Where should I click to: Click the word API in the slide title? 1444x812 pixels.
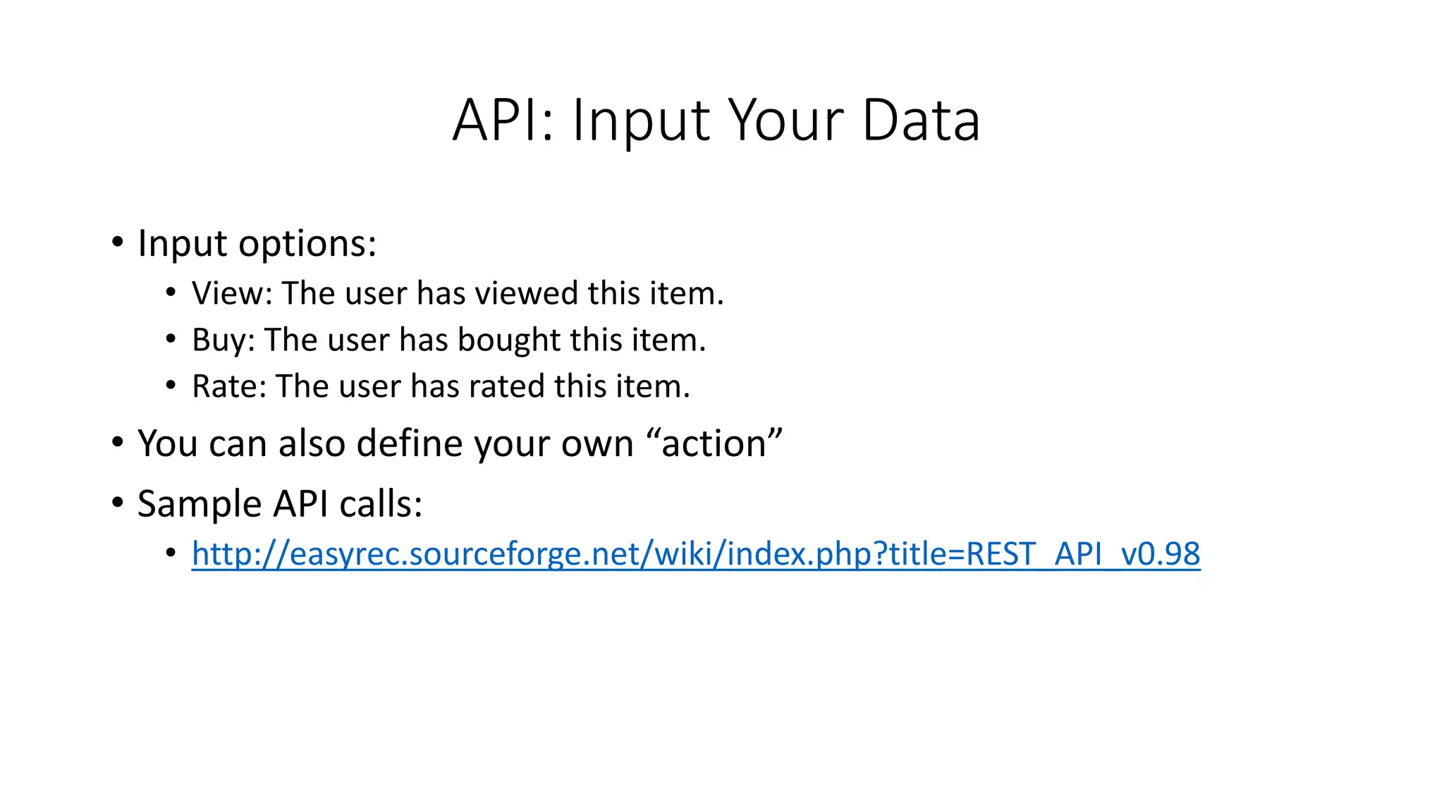click(x=503, y=121)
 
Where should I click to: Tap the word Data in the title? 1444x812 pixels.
click(x=920, y=121)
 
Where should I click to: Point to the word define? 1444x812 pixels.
click(x=410, y=443)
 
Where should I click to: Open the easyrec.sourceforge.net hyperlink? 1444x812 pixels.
click(x=695, y=554)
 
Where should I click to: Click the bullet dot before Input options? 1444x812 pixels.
click(x=118, y=243)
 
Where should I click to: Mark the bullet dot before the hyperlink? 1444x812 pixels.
click(x=171, y=553)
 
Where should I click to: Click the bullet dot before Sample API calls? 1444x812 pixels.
click(x=118, y=503)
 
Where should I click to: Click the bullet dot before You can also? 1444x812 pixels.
click(x=118, y=443)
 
